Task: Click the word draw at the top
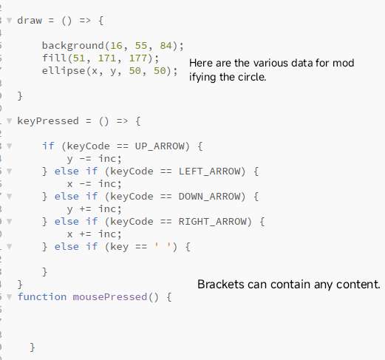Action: (x=30, y=21)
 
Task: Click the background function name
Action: (x=73, y=46)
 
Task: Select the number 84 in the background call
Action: (x=166, y=46)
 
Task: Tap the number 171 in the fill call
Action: (x=107, y=58)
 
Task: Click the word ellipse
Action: (x=64, y=71)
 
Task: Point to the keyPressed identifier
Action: (x=48, y=121)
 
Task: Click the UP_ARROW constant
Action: (x=160, y=146)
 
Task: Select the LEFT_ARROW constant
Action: (x=209, y=171)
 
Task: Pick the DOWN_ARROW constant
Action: (x=209, y=197)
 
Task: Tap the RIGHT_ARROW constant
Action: (x=212, y=222)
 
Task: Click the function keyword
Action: (x=42, y=297)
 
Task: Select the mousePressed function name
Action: (x=110, y=297)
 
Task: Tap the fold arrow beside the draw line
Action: (x=9, y=20)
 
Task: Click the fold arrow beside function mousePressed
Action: (x=9, y=296)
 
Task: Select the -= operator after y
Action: (x=85, y=159)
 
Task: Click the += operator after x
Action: (x=85, y=234)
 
